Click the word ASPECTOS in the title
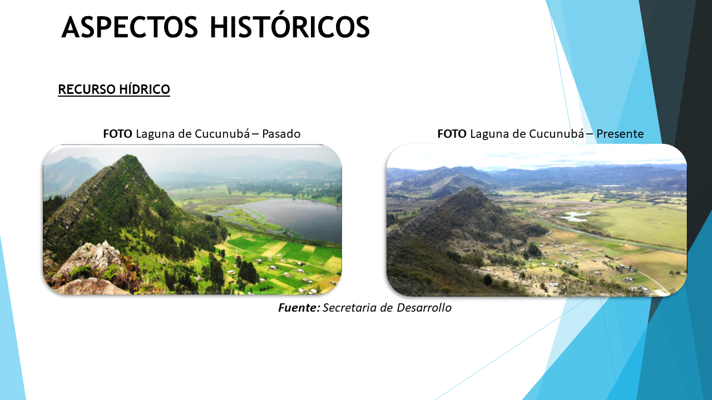pos(130,27)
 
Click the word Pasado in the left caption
pos(281,134)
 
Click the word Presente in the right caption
pos(620,134)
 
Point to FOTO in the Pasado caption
pos(117,134)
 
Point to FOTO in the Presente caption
pos(452,134)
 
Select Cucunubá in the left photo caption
pos(222,134)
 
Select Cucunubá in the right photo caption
pos(557,134)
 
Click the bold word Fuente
pos(299,308)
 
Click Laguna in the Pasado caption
pos(155,134)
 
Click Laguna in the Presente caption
pos(490,134)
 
